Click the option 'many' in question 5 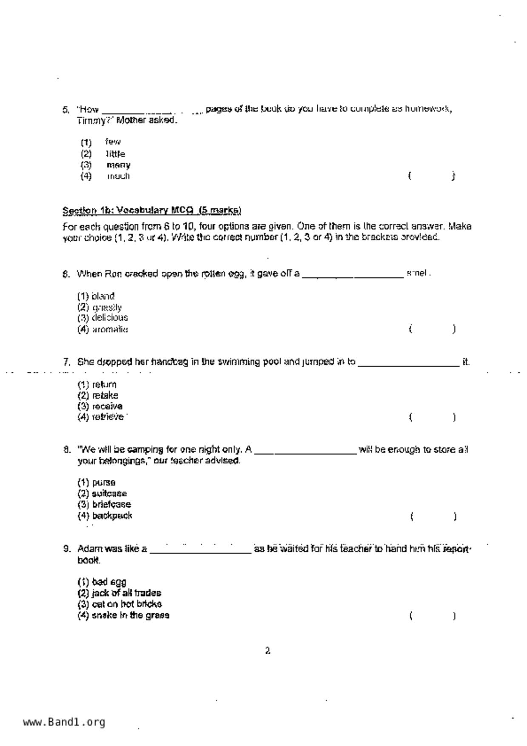(x=118, y=165)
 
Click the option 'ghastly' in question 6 (x=107, y=307)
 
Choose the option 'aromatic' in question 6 (x=110, y=329)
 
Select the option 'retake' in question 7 (x=105, y=395)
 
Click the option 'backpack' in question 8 (x=112, y=515)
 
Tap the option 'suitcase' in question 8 (x=109, y=493)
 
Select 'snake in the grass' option (x=130, y=615)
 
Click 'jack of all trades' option (x=126, y=593)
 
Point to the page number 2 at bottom (x=268, y=651)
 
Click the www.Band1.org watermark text (x=64, y=722)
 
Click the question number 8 (x=67, y=450)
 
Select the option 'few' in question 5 (x=113, y=142)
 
